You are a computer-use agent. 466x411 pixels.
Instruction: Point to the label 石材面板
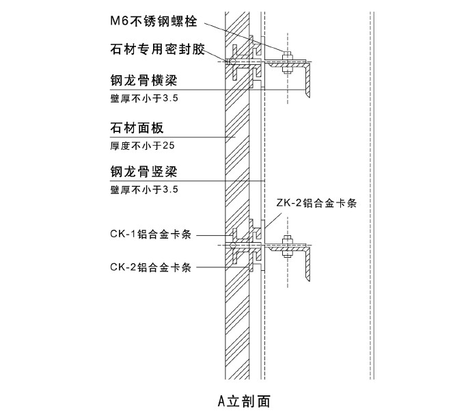coord(137,129)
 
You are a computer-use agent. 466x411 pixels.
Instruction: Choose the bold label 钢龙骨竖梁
coord(144,172)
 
